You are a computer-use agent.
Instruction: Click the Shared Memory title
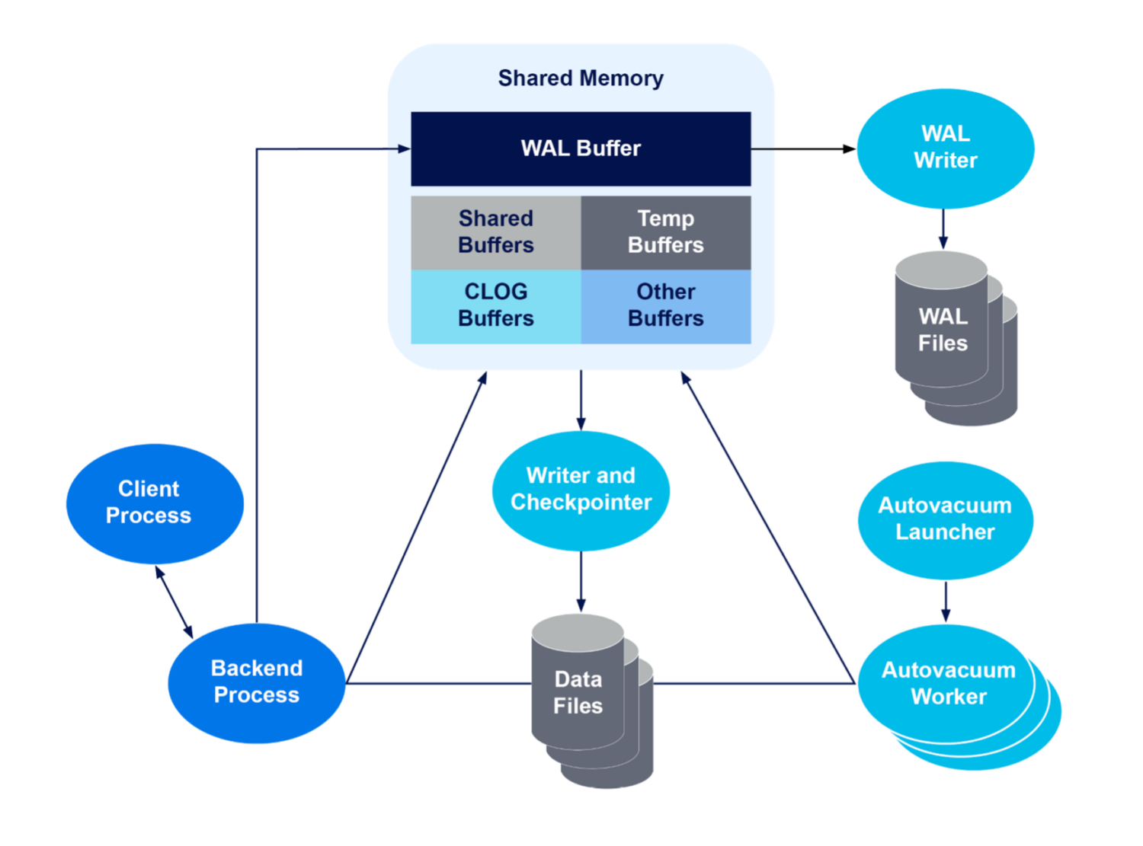pyautogui.click(x=581, y=78)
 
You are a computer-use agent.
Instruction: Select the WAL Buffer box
pyautogui.click(x=581, y=148)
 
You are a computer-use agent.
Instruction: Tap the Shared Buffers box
pyautogui.click(x=496, y=232)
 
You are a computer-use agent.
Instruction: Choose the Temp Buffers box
pyautogui.click(x=666, y=232)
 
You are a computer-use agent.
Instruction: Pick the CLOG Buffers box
pyautogui.click(x=496, y=305)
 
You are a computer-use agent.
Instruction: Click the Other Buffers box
pyautogui.click(x=666, y=305)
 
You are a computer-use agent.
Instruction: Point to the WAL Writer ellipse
pyautogui.click(x=945, y=148)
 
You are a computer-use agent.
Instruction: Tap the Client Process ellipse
pyautogui.click(x=149, y=503)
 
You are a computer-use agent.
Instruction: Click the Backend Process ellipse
pyautogui.click(x=257, y=682)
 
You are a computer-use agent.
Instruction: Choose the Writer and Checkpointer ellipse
pyautogui.click(x=581, y=489)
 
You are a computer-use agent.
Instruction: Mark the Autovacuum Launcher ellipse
pyautogui.click(x=945, y=519)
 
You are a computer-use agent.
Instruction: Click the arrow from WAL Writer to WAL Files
pyautogui.click(x=943, y=228)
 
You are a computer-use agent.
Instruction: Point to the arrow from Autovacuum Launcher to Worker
pyautogui.click(x=945, y=602)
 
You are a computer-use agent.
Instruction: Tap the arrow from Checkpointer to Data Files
pyautogui.click(x=581, y=583)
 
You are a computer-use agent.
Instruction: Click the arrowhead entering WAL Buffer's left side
pyautogui.click(x=404, y=148)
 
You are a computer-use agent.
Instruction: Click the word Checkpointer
pyautogui.click(x=581, y=503)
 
